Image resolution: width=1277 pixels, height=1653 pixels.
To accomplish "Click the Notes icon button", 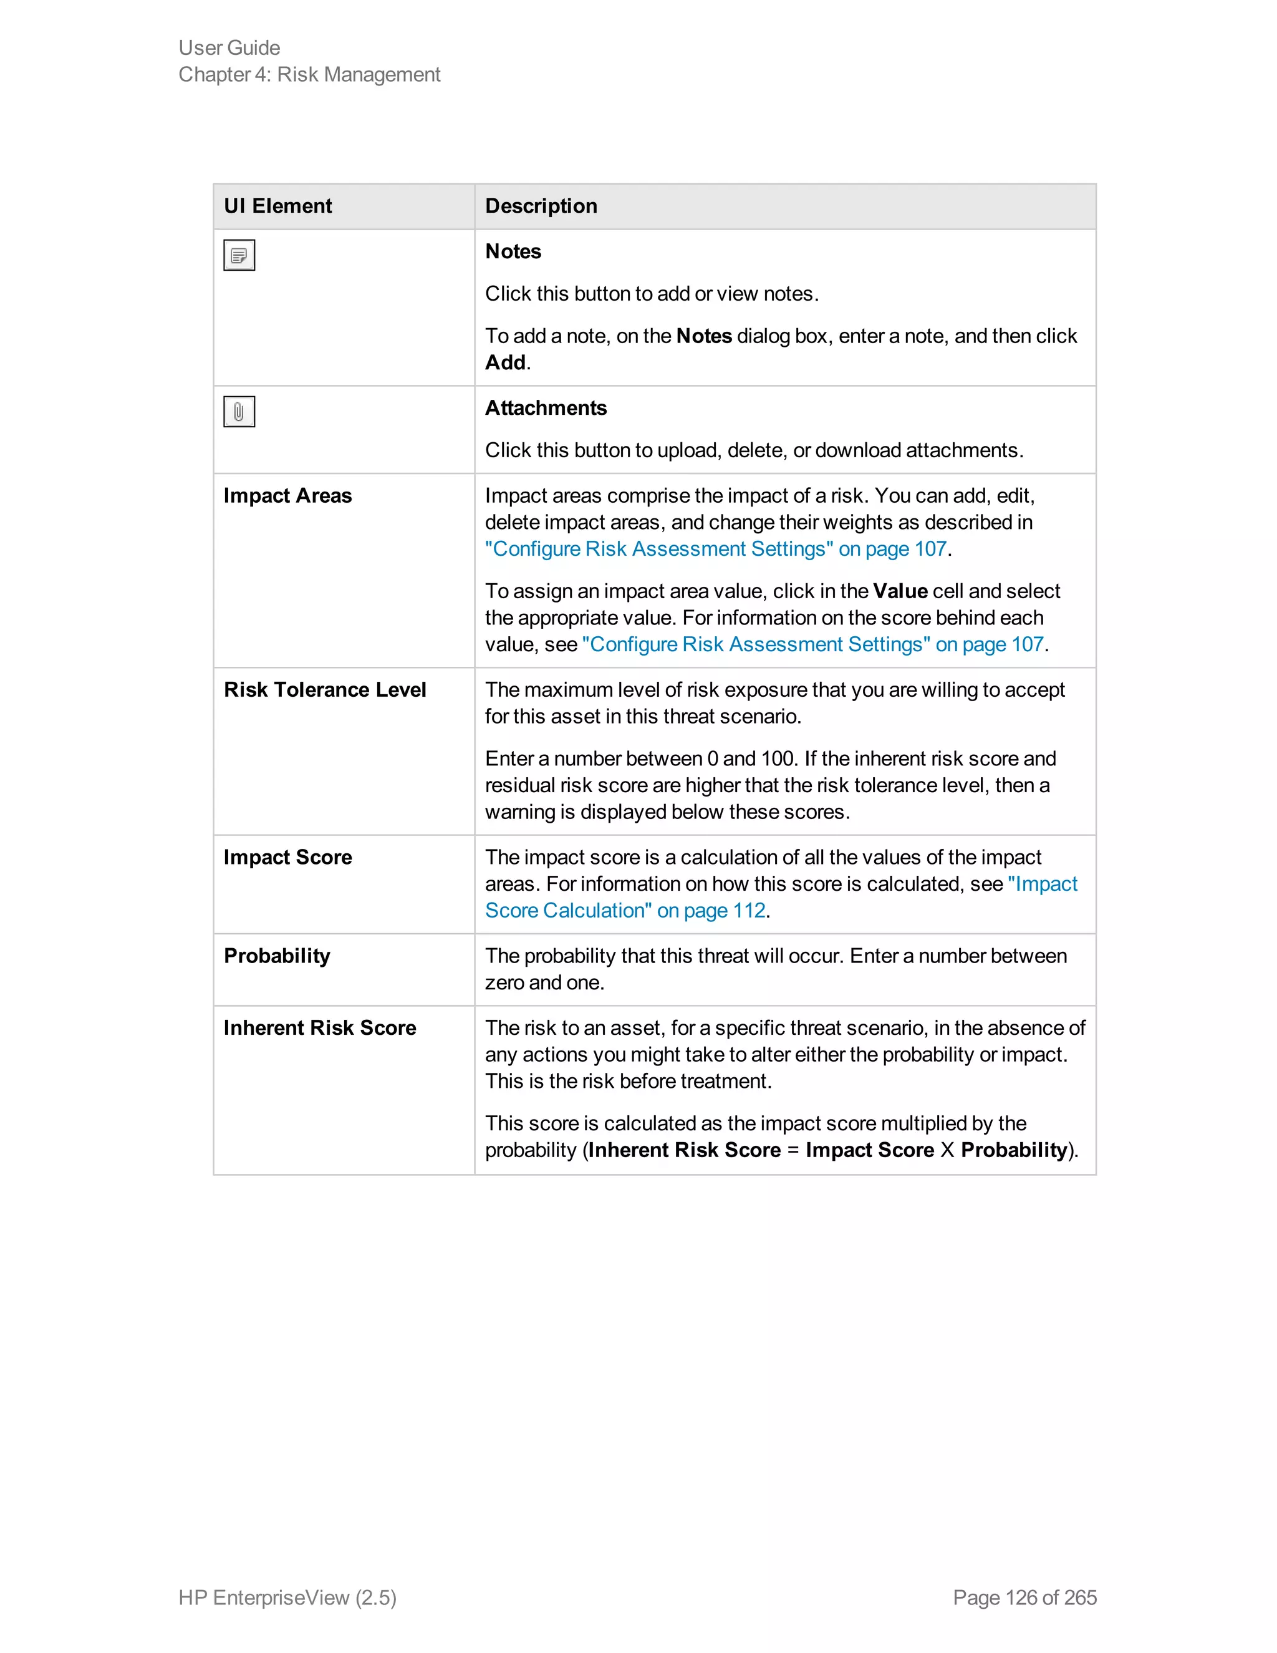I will (239, 255).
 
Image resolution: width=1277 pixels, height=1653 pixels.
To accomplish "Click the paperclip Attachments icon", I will (239, 412).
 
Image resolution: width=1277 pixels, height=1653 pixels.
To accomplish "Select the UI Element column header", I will (277, 206).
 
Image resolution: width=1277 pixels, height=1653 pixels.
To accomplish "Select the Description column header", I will (541, 206).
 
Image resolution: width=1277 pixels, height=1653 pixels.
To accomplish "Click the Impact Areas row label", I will (287, 496).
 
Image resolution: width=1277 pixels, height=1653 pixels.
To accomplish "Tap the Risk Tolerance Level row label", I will (324, 689).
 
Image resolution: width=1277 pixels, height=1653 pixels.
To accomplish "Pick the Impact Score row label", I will (287, 857).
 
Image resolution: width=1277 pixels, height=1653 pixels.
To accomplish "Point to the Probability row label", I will (277, 956).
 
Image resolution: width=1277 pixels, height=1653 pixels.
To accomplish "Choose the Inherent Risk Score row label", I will (319, 1028).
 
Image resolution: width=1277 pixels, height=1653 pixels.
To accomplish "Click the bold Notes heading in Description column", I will (513, 251).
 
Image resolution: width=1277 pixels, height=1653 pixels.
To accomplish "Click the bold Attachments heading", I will (546, 408).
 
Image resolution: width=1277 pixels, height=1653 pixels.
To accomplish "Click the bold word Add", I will (504, 362).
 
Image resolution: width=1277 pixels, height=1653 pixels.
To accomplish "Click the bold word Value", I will (900, 591).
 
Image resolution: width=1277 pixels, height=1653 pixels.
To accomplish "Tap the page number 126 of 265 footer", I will (1024, 1597).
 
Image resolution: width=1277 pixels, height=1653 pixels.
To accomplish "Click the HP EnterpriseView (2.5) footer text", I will (287, 1597).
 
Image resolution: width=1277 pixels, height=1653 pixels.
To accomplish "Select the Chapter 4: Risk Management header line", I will (309, 74).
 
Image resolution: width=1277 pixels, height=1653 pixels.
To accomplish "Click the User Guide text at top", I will (229, 47).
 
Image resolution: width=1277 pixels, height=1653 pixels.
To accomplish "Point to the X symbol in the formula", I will (947, 1150).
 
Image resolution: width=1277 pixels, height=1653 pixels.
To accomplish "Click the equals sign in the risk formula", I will (793, 1150).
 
